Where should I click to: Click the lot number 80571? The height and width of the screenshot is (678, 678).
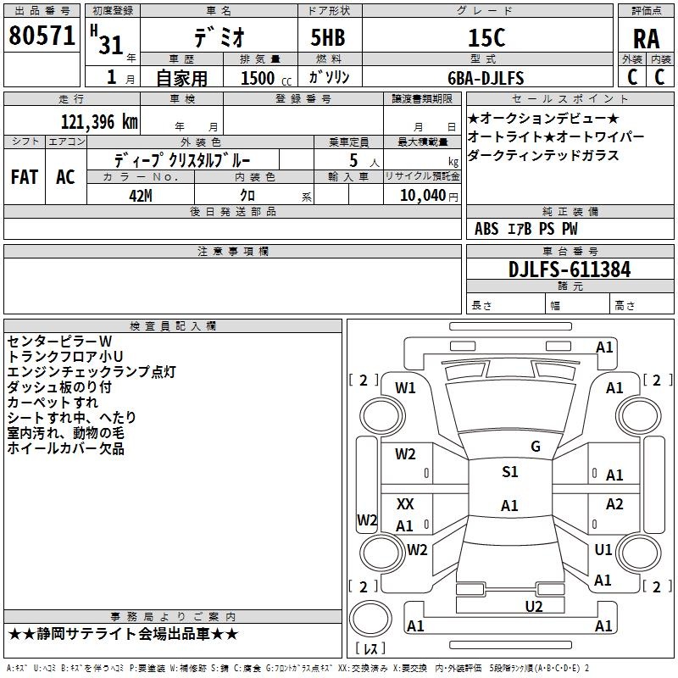click(42, 36)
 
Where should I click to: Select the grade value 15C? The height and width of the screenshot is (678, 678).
click(486, 38)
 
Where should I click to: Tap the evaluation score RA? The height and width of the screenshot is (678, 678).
click(646, 39)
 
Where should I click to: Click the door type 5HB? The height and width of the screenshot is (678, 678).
click(328, 38)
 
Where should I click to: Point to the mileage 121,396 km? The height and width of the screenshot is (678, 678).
click(99, 122)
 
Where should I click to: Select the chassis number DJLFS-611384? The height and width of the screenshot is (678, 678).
click(570, 270)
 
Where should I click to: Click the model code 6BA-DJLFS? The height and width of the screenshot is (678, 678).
click(486, 78)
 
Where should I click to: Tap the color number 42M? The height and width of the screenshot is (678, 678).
click(141, 196)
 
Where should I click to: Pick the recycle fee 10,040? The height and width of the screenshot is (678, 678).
click(423, 195)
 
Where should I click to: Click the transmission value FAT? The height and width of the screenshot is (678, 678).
click(25, 177)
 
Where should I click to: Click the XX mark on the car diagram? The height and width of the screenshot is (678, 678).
click(405, 503)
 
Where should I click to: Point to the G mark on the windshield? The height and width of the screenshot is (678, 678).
click(536, 447)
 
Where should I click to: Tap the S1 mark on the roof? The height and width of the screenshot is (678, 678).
click(510, 471)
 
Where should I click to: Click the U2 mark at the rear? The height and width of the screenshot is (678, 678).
click(534, 606)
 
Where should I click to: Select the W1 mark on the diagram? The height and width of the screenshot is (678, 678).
click(405, 388)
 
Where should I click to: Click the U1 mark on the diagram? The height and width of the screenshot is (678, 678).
click(603, 549)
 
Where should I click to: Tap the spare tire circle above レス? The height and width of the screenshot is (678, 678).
click(370, 619)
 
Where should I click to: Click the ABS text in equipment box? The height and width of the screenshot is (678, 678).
click(486, 229)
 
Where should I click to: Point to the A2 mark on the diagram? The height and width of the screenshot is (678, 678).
click(614, 503)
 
